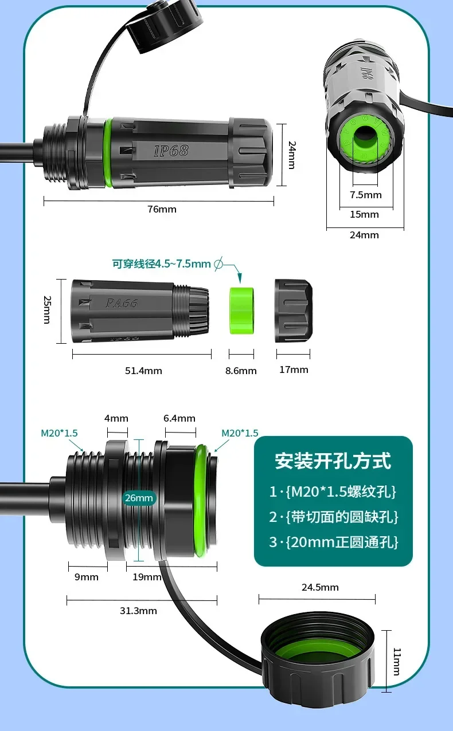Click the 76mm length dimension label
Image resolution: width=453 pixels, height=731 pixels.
(x=162, y=209)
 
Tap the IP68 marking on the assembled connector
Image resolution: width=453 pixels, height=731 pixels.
(x=171, y=151)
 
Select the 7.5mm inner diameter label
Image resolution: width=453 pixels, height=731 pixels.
(x=365, y=195)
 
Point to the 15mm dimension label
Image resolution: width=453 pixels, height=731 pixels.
(x=365, y=214)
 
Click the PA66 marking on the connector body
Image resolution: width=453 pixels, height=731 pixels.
(x=122, y=303)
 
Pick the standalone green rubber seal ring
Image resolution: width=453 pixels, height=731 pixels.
(x=241, y=310)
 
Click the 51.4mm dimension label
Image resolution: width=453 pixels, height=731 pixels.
(x=143, y=371)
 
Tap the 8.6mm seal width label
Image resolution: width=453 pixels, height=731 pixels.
(x=240, y=371)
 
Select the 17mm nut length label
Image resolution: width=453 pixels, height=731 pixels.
(x=293, y=370)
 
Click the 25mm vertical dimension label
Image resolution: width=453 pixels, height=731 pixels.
(x=47, y=310)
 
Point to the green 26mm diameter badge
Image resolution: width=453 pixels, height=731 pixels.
(x=139, y=498)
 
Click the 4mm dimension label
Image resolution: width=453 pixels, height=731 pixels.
(x=117, y=418)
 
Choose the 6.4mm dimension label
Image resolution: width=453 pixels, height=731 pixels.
(x=179, y=418)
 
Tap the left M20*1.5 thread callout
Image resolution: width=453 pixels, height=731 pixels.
(x=59, y=433)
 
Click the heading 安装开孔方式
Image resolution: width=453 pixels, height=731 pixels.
(x=333, y=461)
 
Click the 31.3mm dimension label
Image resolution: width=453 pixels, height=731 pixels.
(x=138, y=611)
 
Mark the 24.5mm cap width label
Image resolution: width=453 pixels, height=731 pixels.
(x=320, y=587)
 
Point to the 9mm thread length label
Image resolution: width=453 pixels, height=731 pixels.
(x=87, y=577)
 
